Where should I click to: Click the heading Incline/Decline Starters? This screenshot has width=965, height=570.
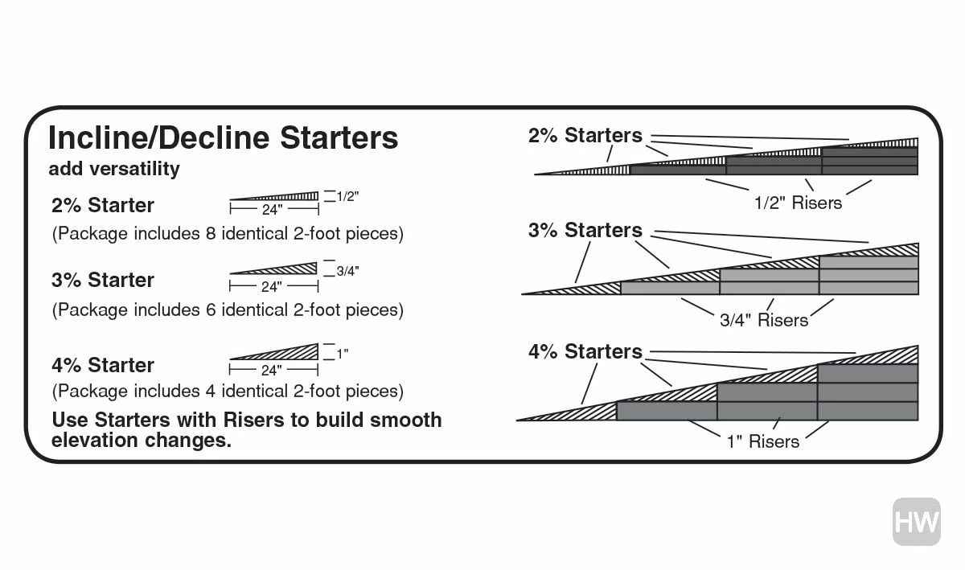click(x=223, y=138)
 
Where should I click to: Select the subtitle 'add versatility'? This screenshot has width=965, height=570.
click(x=113, y=169)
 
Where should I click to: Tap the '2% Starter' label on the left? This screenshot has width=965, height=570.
click(x=102, y=204)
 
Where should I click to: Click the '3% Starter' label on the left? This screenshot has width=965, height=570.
click(x=102, y=280)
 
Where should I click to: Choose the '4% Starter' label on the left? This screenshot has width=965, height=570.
click(x=102, y=365)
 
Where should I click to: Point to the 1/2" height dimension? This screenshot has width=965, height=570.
click(x=347, y=196)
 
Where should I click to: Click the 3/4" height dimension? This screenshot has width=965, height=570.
click(x=347, y=271)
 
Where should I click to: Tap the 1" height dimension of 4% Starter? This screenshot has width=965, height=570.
click(x=343, y=353)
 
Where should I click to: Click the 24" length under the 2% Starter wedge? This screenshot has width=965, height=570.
click(x=272, y=211)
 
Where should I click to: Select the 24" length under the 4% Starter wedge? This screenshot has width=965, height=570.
click(x=272, y=371)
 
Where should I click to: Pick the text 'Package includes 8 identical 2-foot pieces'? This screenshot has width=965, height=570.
click(x=228, y=235)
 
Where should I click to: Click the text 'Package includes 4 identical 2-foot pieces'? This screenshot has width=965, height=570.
click(x=228, y=392)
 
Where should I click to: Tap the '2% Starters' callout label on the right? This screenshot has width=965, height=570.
click(x=585, y=136)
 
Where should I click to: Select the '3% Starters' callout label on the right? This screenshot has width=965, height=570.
click(x=585, y=231)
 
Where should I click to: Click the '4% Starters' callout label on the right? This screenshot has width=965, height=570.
click(x=585, y=351)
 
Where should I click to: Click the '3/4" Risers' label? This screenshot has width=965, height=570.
click(x=763, y=320)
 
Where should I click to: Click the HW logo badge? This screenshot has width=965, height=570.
click(x=916, y=523)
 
